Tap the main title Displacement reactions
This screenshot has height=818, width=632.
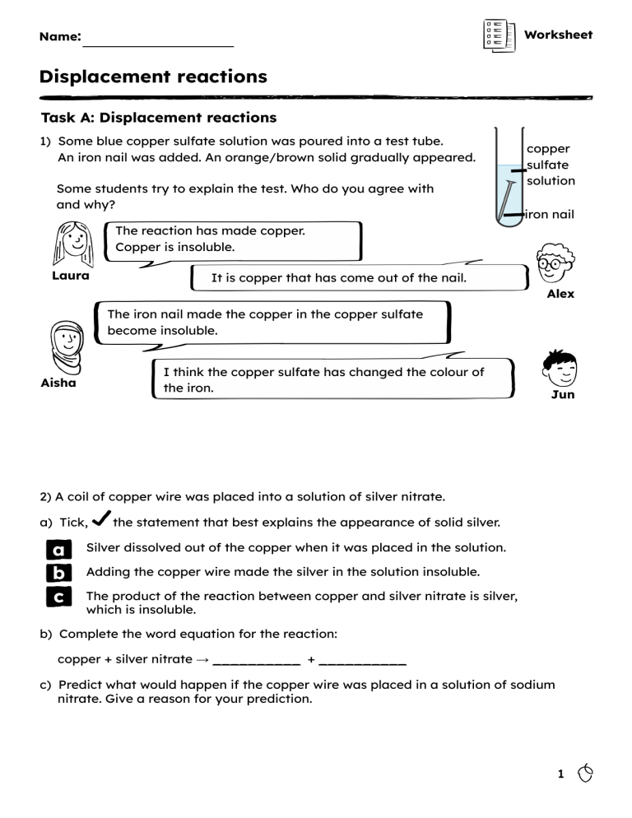(153, 77)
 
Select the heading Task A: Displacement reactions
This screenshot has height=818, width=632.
(159, 118)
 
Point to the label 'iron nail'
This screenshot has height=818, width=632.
(550, 215)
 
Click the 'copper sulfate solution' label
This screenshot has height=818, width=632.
(551, 165)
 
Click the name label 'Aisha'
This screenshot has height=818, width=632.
(58, 383)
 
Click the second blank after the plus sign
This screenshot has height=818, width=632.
(362, 660)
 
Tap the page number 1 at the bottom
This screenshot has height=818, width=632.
(560, 774)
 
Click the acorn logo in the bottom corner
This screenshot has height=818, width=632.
(585, 774)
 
